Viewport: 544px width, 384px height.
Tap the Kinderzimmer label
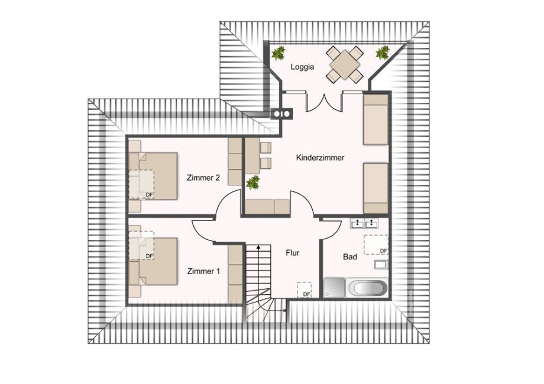coord(320,158)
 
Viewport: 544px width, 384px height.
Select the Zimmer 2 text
coord(203,178)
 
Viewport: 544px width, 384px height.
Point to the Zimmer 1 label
coord(203,272)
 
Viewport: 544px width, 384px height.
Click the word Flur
coord(292,253)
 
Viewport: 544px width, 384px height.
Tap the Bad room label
coord(350,257)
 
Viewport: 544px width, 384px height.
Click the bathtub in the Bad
coord(368,288)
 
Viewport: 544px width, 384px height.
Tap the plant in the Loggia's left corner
coord(278,54)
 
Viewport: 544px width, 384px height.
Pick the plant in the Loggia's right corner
coord(382,53)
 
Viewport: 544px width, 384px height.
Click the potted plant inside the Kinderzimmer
coord(253,182)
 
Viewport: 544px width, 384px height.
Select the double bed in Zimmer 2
coord(155,176)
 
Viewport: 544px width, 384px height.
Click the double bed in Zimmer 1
coord(155,261)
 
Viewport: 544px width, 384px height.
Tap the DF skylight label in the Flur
coord(306,294)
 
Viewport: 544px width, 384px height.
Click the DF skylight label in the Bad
coord(383,250)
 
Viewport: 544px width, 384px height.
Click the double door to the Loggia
coord(323,102)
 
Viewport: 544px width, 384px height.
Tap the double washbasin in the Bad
coord(364,224)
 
